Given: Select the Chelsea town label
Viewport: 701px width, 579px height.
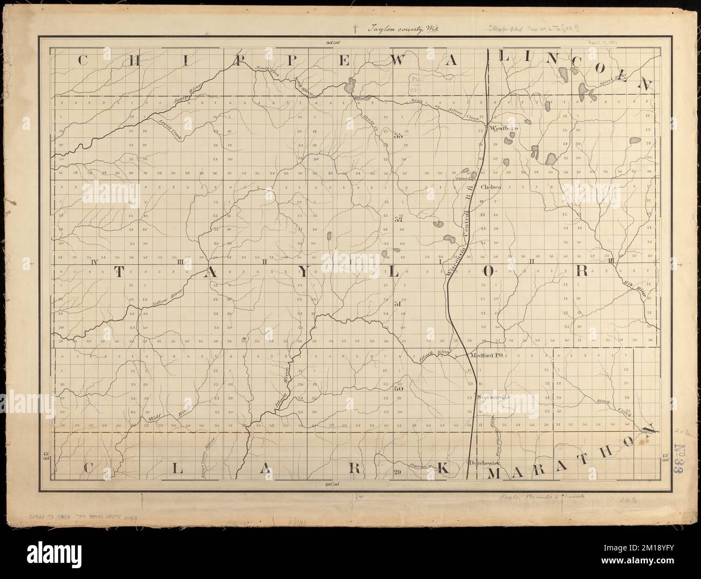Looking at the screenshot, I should pos(491,187).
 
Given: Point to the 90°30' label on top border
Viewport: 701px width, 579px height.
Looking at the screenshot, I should pos(334,42).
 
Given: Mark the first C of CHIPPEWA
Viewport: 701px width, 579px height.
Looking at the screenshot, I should pos(83,60).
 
